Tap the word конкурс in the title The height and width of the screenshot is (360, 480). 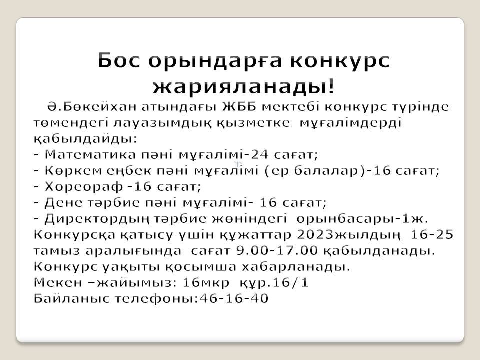coord(340,61)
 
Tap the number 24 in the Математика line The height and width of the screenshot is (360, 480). coord(260,155)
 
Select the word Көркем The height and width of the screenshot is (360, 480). coord(73,171)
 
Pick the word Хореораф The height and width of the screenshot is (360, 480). coord(84,186)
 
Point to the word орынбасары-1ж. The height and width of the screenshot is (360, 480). coord(363,219)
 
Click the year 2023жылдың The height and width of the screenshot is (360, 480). coord(348,235)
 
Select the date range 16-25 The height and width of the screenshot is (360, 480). coord(432,235)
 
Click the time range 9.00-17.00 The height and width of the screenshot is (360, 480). coord(277,250)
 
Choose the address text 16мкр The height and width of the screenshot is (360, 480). coord(206,283)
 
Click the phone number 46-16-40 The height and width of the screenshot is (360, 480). coord(234,298)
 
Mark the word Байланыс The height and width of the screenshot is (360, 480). coord(71,298)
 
